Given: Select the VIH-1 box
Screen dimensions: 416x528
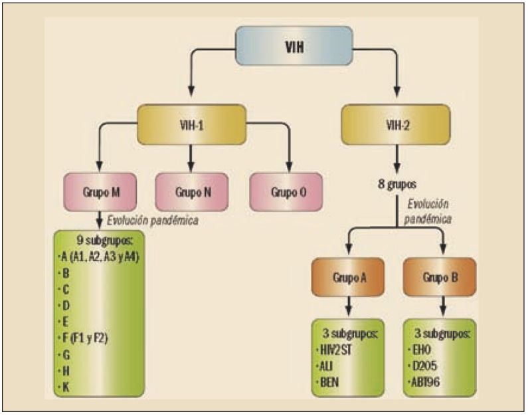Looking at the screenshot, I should click(191, 122).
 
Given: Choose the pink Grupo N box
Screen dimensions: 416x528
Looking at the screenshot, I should click(193, 191).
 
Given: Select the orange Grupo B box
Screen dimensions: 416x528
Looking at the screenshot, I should click(438, 278).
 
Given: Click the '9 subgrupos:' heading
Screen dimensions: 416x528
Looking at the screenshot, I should click(98, 237).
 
